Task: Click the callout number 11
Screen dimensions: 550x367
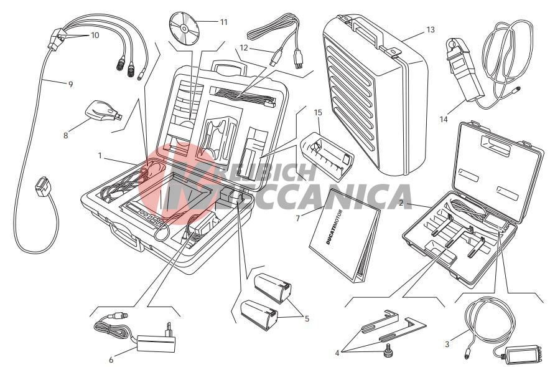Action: pos(224,22)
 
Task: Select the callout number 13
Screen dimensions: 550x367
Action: pos(431,30)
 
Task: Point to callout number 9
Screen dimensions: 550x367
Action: pos(70,84)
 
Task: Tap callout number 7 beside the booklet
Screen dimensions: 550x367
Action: pos(298,219)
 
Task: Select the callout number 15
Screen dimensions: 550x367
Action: pos(318,113)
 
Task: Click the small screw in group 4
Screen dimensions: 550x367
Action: pos(388,350)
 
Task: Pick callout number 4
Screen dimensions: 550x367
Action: pos(337,353)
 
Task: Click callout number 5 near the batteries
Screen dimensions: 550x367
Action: pos(307,319)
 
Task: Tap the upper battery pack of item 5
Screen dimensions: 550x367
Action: pos(273,288)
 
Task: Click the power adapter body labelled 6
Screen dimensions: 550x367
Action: pos(156,343)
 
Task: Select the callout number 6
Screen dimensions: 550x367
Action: pos(111,360)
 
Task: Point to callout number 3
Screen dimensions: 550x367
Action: pos(447,345)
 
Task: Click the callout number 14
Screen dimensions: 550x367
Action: pos(444,120)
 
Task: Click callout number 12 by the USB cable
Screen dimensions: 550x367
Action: pos(244,47)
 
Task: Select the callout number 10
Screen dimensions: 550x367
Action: pos(95,36)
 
